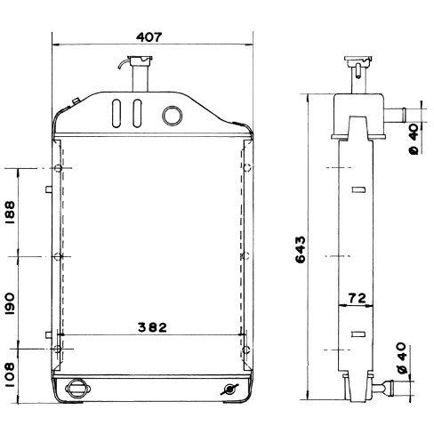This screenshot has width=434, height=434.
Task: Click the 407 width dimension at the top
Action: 149,37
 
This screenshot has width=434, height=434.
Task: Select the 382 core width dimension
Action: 152,327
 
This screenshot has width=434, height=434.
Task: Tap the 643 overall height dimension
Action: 300,249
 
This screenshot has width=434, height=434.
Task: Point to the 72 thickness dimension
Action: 357,298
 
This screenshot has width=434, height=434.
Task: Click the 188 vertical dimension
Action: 10,213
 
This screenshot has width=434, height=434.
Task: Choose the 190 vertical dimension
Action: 10,304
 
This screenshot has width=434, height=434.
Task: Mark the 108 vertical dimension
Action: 10,374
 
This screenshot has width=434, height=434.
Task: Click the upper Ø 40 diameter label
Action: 414,140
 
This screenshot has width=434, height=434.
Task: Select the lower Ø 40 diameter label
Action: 401,358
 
